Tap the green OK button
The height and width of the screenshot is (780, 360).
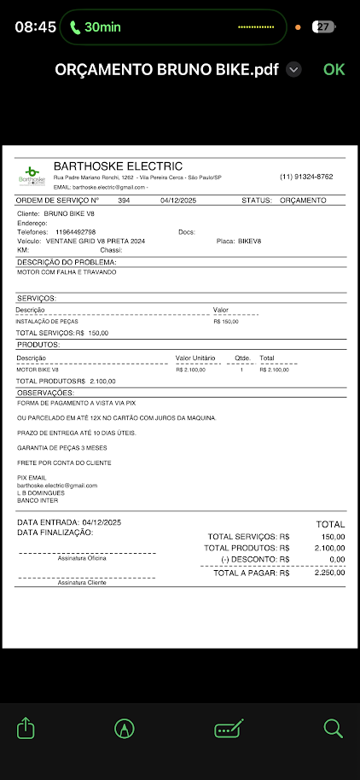[334, 69]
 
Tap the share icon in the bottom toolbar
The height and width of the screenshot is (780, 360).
[26, 728]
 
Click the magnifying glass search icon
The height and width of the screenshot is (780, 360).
[333, 728]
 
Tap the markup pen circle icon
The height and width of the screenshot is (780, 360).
[125, 728]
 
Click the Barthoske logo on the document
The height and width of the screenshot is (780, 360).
[31, 175]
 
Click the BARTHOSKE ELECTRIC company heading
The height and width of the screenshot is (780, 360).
[118, 166]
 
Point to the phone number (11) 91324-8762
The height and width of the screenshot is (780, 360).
[306, 177]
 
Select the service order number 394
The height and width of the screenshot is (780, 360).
[124, 201]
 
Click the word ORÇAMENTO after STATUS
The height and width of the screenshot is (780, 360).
[302, 201]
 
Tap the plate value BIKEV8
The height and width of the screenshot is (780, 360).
[247, 242]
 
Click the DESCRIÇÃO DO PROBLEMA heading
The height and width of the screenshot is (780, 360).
[67, 262]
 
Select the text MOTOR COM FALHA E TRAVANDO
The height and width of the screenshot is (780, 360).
[67, 272]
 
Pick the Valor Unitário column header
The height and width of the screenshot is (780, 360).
[195, 358]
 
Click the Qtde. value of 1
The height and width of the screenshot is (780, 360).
[241, 370]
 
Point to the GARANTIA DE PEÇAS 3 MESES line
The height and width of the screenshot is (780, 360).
[61, 447]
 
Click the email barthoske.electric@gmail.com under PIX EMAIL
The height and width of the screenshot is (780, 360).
[57, 485]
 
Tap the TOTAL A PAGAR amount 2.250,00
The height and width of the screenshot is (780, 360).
[328, 573]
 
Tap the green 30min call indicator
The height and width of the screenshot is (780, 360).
[96, 27]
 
